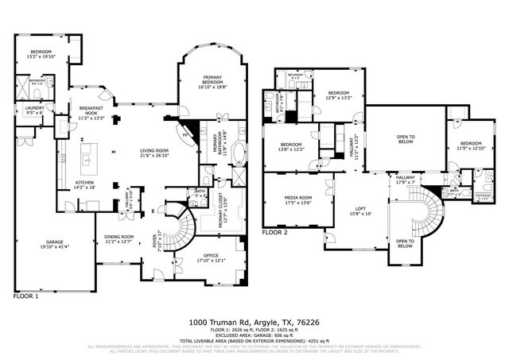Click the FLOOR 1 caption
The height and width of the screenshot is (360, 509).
click(x=26, y=296)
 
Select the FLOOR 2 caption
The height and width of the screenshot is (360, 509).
click(x=274, y=233)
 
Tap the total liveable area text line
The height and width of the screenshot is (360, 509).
click(x=254, y=340)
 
